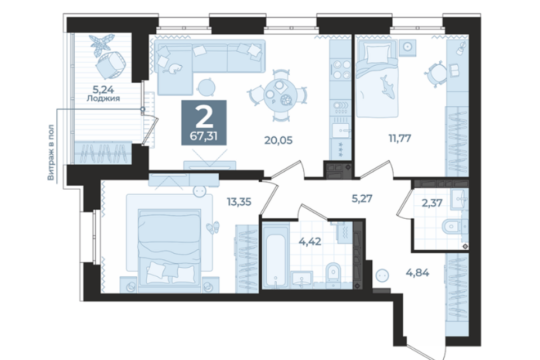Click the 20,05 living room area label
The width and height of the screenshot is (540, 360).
(x=278, y=140)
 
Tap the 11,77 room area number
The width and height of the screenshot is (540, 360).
(x=400, y=138)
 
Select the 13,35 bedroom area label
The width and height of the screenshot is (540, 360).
(x=239, y=201)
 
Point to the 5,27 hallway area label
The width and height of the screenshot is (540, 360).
(x=362, y=199)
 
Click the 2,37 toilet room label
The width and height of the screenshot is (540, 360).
(x=432, y=203)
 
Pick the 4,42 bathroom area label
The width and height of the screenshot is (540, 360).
(x=310, y=241)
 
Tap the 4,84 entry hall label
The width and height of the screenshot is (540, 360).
(x=417, y=272)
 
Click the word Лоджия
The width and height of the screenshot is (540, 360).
(x=103, y=98)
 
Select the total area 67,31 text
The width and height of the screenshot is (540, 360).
(x=204, y=136)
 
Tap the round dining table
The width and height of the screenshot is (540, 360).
(x=280, y=94)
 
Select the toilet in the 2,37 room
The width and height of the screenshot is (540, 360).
(x=452, y=226)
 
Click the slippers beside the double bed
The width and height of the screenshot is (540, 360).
(x=213, y=228)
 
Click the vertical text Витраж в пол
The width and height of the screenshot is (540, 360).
(x=51, y=152)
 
